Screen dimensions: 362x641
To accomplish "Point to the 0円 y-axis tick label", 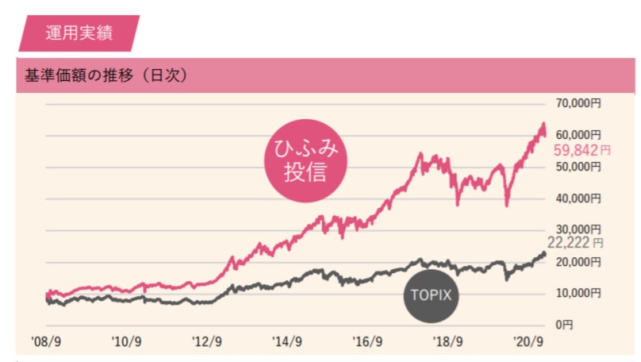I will (x=563, y=325).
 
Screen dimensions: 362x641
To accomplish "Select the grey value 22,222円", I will (x=575, y=244).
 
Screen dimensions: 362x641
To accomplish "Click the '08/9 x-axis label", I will (x=46, y=343).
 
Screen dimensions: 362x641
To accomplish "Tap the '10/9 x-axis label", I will (x=127, y=343).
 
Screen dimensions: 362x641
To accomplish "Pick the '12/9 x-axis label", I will (x=208, y=343).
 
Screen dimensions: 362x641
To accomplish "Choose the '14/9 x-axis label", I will (x=287, y=343).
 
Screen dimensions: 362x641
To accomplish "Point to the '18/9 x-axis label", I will (x=448, y=343).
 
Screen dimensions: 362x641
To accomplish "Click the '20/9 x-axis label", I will (x=528, y=343).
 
